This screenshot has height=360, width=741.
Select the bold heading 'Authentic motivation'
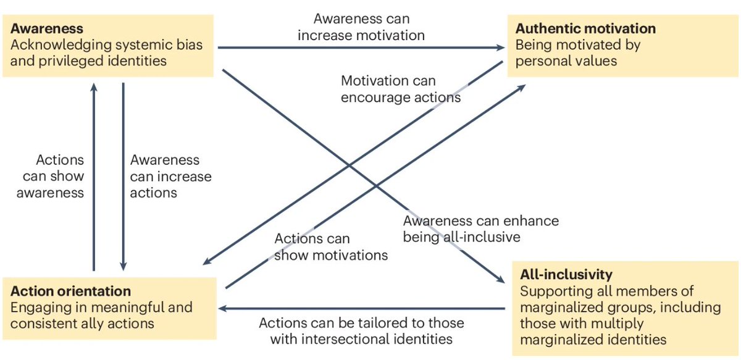pyautogui.click(x=585, y=28)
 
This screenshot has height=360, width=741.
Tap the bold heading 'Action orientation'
pyautogui.click(x=71, y=291)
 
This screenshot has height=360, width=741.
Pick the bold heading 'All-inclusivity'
pyautogui.click(x=566, y=274)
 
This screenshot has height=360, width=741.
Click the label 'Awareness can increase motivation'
pyautogui.click(x=361, y=27)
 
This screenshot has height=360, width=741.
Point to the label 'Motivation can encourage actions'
pyautogui.click(x=400, y=89)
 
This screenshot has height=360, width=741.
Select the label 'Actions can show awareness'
pyautogui.click(x=51, y=176)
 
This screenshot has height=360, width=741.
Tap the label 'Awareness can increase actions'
pyautogui.click(x=170, y=176)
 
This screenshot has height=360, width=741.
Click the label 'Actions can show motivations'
pyautogui.click(x=331, y=246)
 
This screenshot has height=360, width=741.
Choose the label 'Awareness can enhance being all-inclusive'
pyautogui.click(x=480, y=228)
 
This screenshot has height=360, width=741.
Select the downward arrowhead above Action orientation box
pyautogui.click(x=123, y=266)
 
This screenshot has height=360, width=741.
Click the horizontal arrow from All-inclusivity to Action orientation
pyautogui.click(x=364, y=308)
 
